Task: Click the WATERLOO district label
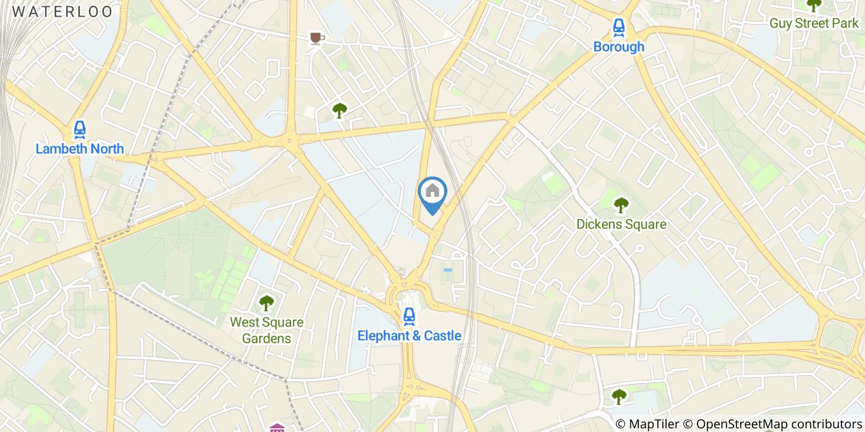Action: tap(62, 12)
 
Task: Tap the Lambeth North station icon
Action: tap(80, 130)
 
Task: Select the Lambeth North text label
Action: tap(80, 149)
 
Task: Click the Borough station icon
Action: tap(618, 27)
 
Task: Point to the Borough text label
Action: tap(618, 47)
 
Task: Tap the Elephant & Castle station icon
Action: tap(409, 317)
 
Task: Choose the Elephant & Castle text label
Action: tap(409, 336)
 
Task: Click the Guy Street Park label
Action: tap(814, 23)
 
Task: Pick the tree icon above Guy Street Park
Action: tap(814, 5)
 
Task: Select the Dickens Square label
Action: tap(621, 224)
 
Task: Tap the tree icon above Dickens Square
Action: tap(621, 205)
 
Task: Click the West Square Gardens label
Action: tap(266, 330)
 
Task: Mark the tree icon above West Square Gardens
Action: tap(266, 303)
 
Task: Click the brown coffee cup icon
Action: tap(316, 39)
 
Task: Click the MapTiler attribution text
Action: tap(654, 424)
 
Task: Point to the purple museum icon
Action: tap(277, 428)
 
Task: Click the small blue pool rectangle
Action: tap(447, 270)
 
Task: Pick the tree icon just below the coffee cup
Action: tap(339, 110)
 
